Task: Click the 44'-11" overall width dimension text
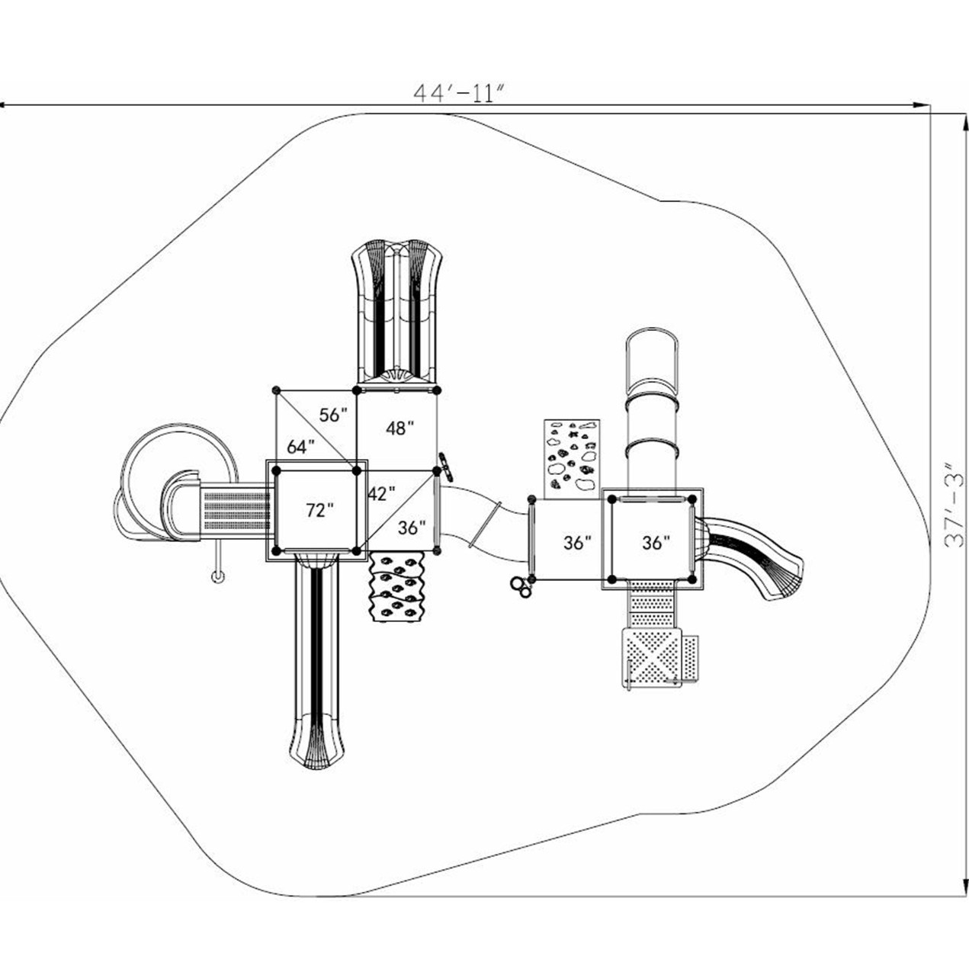[x=460, y=92]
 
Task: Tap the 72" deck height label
[x=319, y=511]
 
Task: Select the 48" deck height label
[x=399, y=428]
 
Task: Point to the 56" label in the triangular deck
[x=332, y=415]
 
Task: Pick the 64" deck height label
[x=300, y=448]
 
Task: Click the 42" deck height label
[x=381, y=493]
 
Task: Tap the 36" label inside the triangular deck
[x=412, y=527]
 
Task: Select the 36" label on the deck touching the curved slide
[x=656, y=542]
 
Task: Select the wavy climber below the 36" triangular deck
[x=396, y=587]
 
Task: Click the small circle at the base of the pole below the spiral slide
[x=218, y=576]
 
